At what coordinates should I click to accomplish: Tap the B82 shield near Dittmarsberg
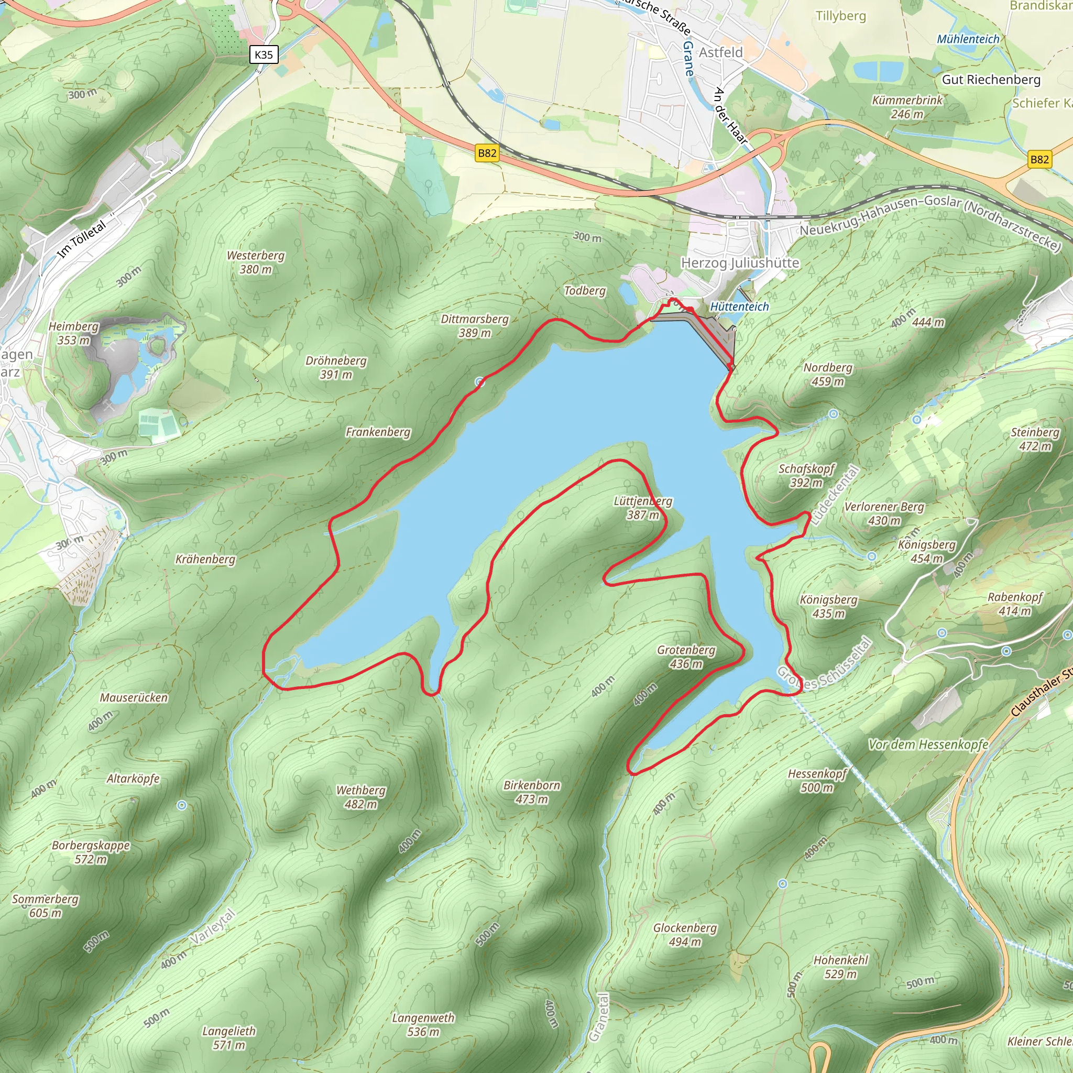[x=487, y=153]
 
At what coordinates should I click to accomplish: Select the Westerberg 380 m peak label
[x=256, y=262]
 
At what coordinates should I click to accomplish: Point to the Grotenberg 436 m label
[x=686, y=656]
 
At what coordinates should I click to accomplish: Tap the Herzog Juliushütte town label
[x=740, y=262]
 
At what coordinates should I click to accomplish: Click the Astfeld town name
[x=720, y=52]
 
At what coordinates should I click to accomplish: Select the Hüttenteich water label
[x=739, y=306]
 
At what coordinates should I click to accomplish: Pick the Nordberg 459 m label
[x=827, y=374]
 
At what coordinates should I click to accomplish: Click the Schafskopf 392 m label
[x=806, y=475]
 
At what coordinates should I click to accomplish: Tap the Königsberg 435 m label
[x=828, y=607]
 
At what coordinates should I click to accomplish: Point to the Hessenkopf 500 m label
[x=817, y=780]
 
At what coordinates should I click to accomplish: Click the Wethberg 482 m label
[x=361, y=797]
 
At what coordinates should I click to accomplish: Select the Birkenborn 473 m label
[x=531, y=792]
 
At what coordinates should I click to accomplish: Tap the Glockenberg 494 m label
[x=685, y=935]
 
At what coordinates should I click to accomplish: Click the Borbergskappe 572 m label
[x=91, y=852]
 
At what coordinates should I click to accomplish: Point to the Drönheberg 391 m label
[x=336, y=368]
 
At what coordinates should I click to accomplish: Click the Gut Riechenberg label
[x=991, y=80]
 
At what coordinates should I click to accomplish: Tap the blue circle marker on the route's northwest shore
[x=480, y=382]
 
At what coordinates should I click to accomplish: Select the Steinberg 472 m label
[x=1035, y=439]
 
